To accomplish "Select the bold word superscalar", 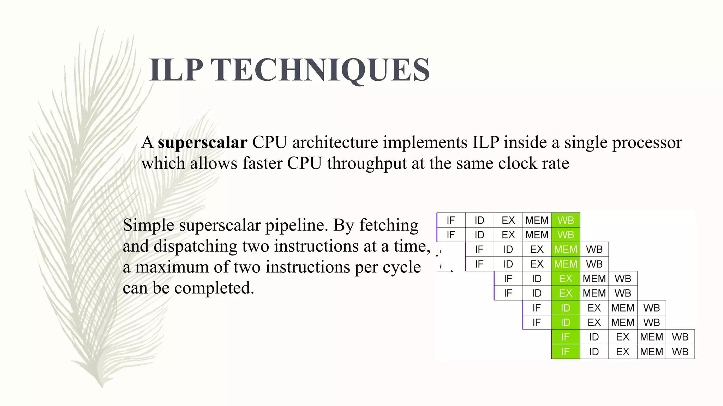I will [x=202, y=143].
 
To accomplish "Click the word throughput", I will [x=367, y=164].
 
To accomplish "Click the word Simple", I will [x=148, y=225].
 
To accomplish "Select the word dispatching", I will [x=195, y=246].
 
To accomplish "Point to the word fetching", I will [x=389, y=225].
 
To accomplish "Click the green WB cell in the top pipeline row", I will [x=566, y=220].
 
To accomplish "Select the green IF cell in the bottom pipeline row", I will [x=566, y=351].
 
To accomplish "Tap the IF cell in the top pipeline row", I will [x=451, y=220].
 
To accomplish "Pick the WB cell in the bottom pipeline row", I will [x=680, y=351].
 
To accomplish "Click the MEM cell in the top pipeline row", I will [x=537, y=220].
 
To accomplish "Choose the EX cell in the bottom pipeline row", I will [x=623, y=351].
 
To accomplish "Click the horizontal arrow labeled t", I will [x=445, y=271].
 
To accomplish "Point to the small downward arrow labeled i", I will [x=437, y=251].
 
